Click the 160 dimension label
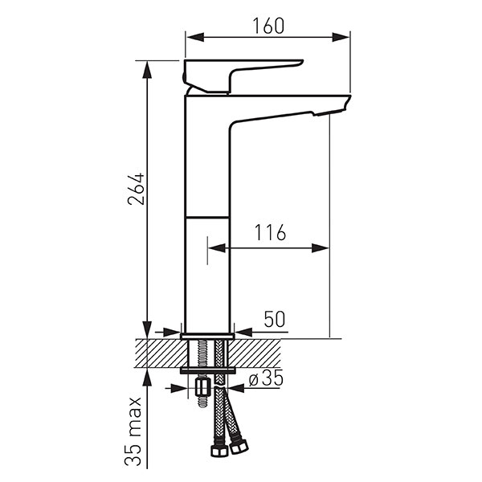coord(268,26)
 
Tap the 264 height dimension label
coord(136,189)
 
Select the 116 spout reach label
coord(270,233)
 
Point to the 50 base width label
coord(275,319)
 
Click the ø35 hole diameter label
coord(266,378)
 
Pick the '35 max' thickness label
coord(133,431)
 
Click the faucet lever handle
coord(243,76)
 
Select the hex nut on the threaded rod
coord(202,388)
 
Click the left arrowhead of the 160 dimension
coord(195,37)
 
